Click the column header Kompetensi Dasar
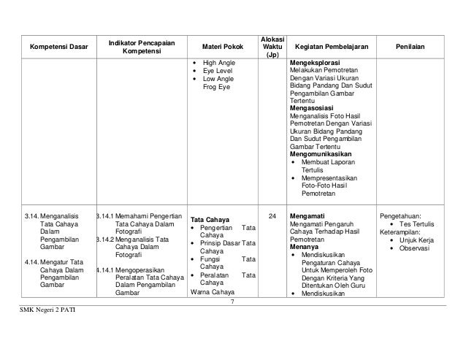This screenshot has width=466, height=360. click(x=58, y=47)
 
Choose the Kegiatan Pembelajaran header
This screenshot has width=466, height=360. click(x=332, y=47)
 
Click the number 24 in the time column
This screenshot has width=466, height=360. click(x=272, y=217)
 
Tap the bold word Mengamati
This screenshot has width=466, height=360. click(x=308, y=217)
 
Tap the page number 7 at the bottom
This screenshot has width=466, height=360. click(x=232, y=302)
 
